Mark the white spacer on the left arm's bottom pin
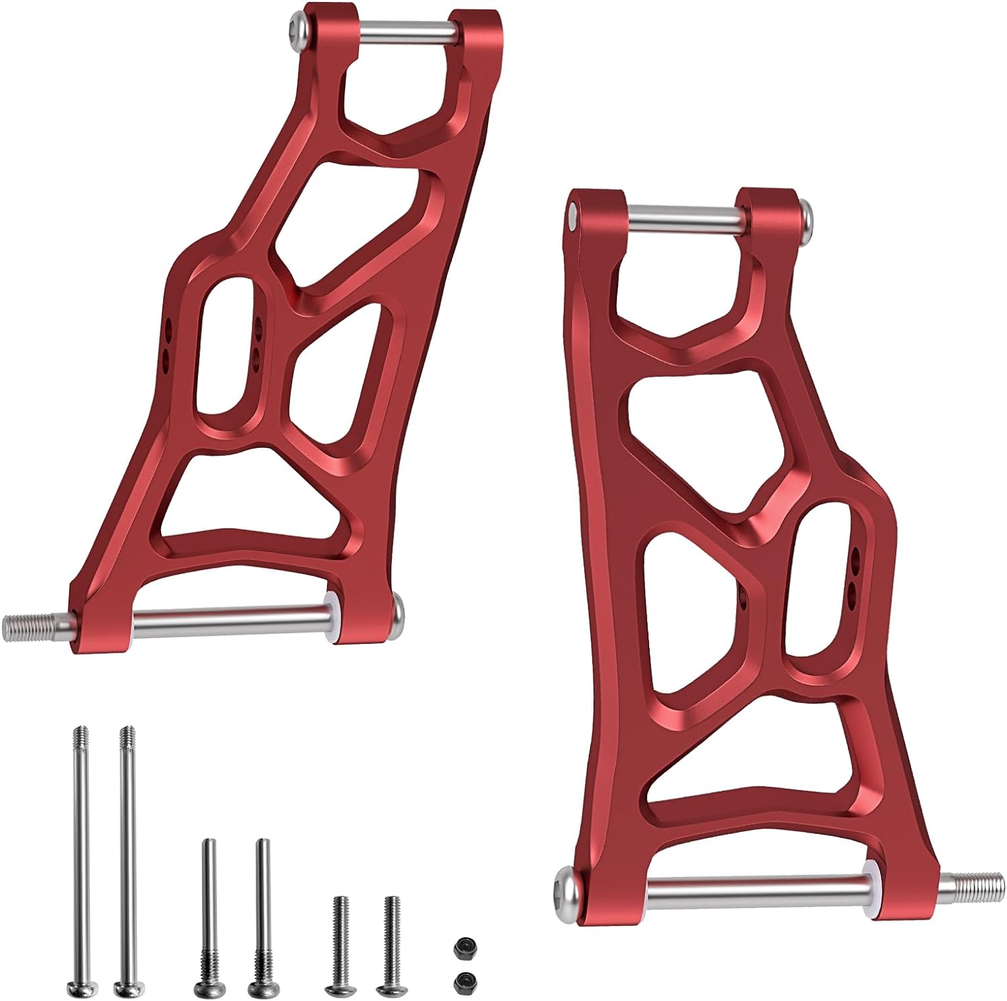pyautogui.click(x=330, y=616)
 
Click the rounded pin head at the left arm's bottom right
pyautogui.click(x=397, y=610)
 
